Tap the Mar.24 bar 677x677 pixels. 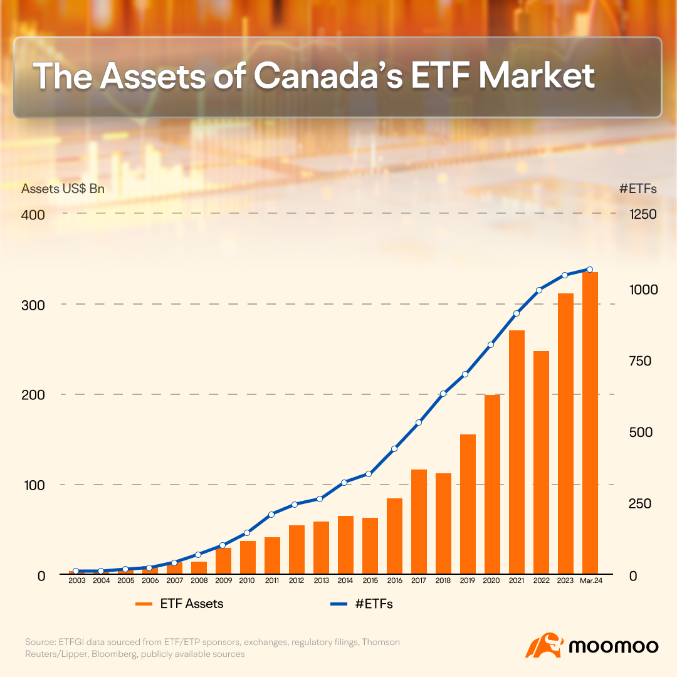tap(590, 423)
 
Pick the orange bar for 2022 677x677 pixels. tap(541, 463)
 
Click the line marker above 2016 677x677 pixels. tap(394, 449)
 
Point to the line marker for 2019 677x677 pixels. tap(465, 374)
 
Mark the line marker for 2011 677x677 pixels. tap(271, 515)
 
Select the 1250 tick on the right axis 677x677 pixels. tap(643, 214)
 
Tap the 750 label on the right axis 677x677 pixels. tap(640, 361)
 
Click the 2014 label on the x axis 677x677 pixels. tap(345, 581)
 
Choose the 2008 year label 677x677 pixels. tap(199, 581)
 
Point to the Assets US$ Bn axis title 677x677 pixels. tap(63, 189)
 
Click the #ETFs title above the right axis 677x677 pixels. tap(637, 189)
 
